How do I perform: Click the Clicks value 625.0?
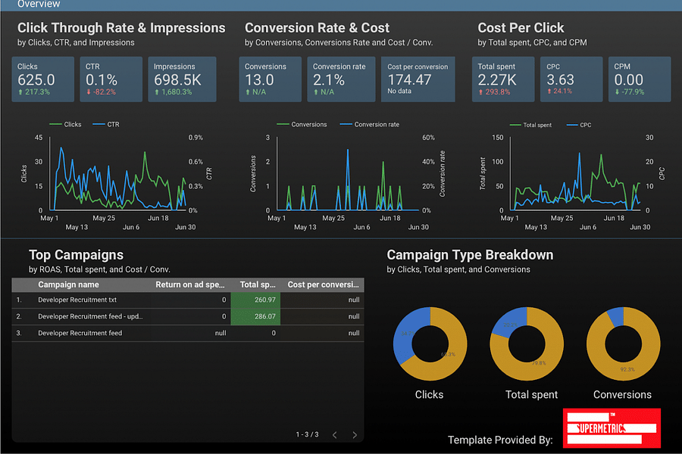point(36,79)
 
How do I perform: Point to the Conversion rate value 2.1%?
point(329,79)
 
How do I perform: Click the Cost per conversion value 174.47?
point(409,79)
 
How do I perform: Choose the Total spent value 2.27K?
point(497,79)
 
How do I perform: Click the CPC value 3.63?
point(561,79)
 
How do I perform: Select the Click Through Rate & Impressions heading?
point(121,28)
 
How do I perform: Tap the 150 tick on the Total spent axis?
point(498,138)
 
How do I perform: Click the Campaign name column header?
point(68,285)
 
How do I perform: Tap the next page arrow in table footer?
point(355,435)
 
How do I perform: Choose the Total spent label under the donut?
point(531,395)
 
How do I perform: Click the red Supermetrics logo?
point(612,428)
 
